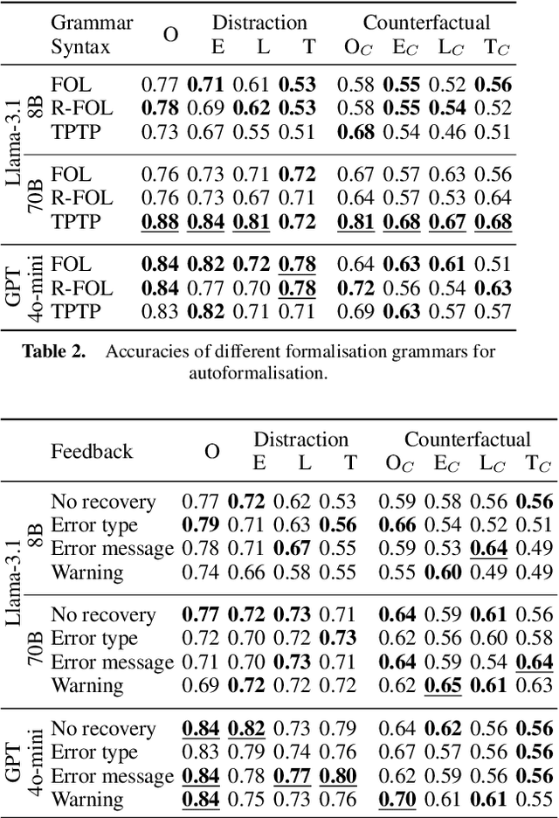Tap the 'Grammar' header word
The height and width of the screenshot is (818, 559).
(92, 22)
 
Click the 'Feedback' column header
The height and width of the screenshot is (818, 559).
(92, 451)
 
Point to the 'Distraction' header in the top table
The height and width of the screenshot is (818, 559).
(259, 22)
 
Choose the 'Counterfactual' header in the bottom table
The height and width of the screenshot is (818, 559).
(467, 439)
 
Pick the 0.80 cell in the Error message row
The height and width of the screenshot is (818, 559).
(339, 775)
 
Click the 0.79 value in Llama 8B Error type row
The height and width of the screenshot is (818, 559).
(199, 524)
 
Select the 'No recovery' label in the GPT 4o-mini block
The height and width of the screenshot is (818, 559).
(103, 729)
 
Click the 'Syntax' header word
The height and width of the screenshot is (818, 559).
(80, 46)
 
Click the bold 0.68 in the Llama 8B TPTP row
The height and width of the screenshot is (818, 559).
(358, 133)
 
